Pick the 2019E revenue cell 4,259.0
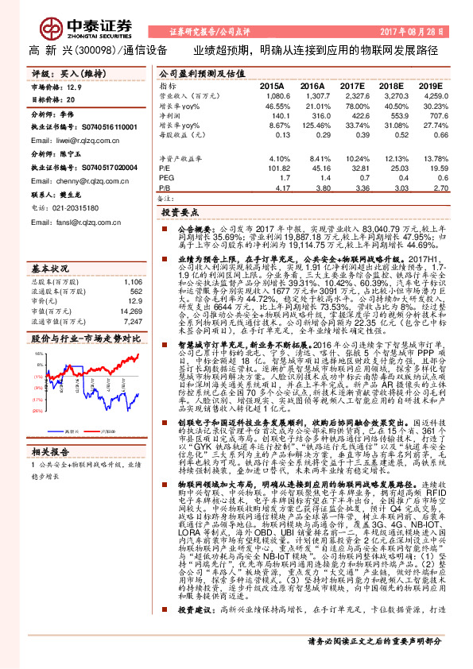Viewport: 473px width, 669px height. (x=438, y=94)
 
